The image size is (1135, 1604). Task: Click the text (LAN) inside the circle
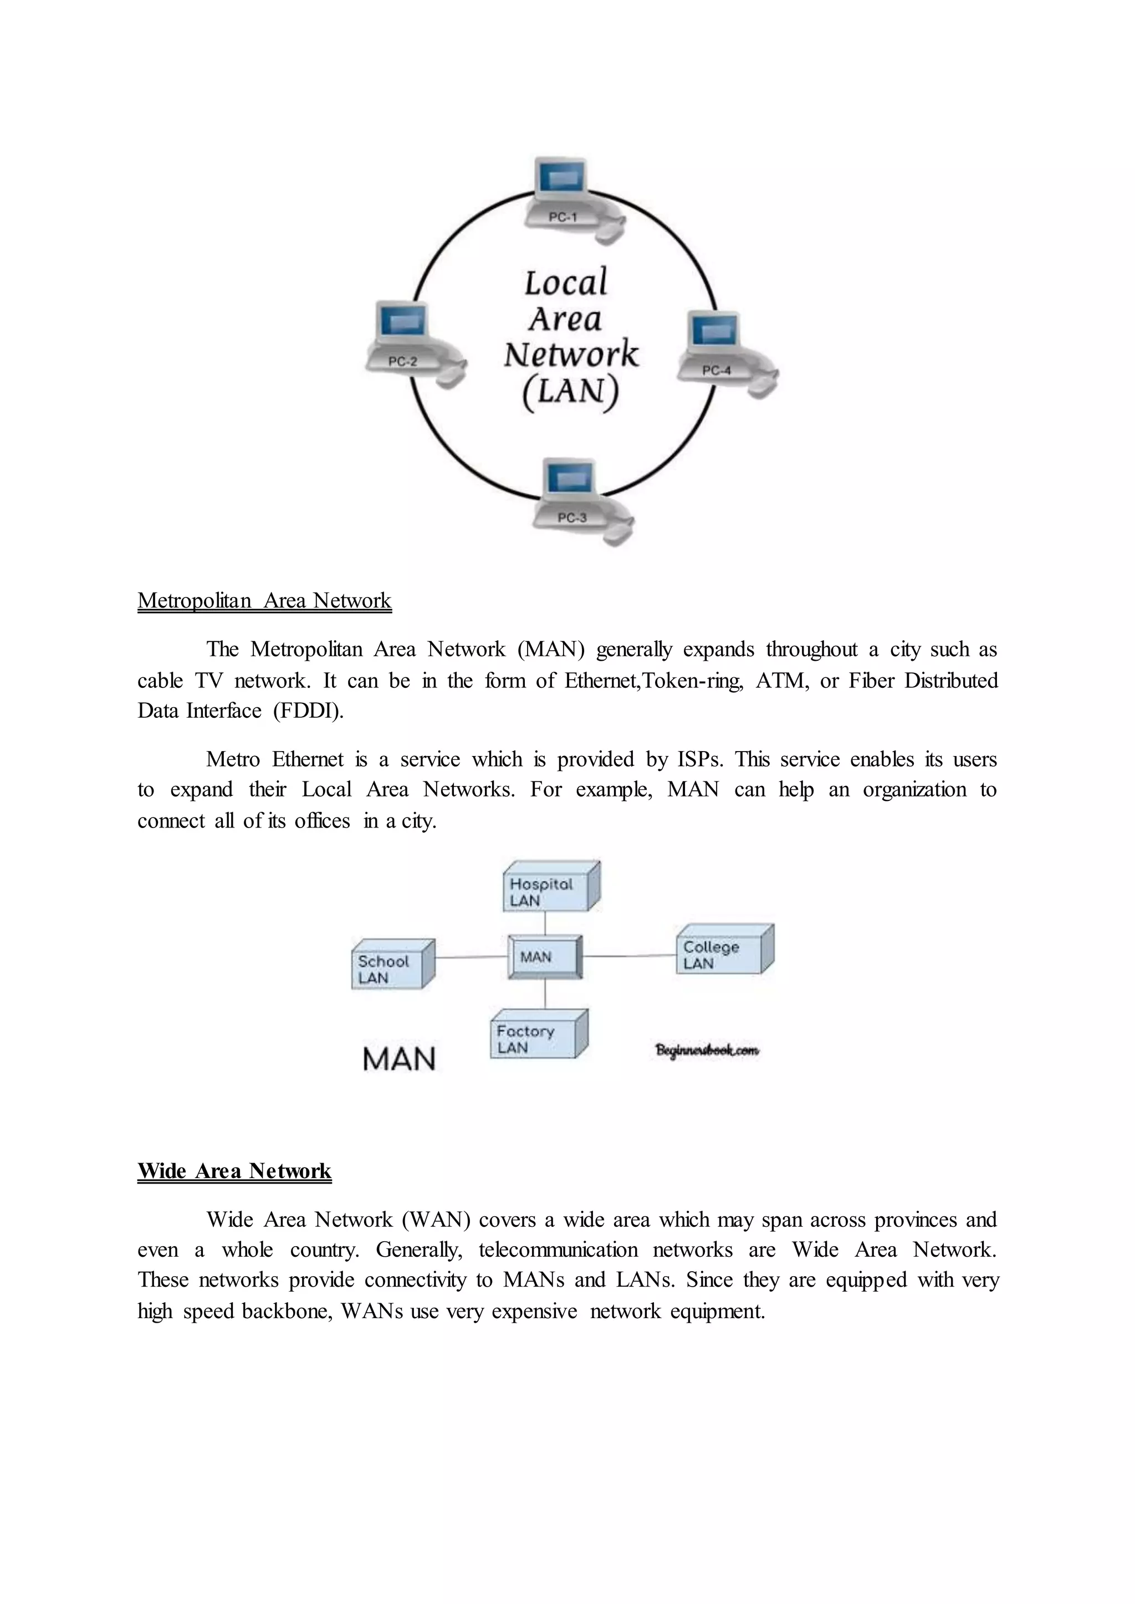point(570,393)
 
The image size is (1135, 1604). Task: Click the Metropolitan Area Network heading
point(264,601)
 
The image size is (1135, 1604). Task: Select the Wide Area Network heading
point(234,1171)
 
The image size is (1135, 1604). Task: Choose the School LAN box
point(391,965)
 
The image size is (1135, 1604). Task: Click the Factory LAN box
point(538,1035)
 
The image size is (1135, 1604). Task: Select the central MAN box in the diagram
point(544,957)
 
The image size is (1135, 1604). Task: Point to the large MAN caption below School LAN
point(399,1059)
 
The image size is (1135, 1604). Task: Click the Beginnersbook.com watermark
point(707,1051)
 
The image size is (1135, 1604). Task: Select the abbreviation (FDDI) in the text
point(308,711)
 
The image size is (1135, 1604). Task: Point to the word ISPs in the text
point(699,759)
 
